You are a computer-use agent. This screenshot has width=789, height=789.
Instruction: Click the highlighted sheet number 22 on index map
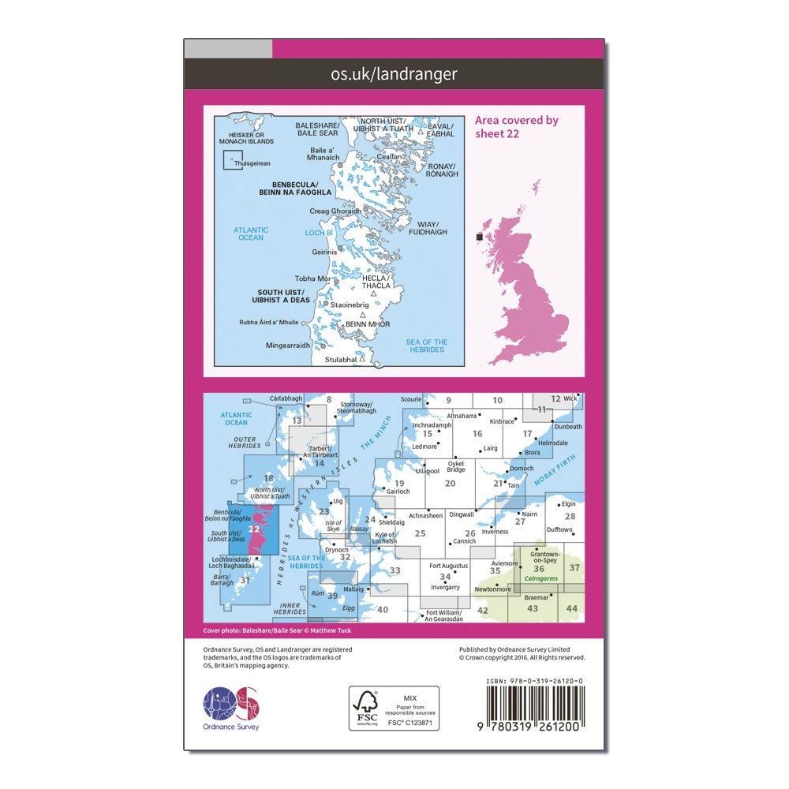[254, 529]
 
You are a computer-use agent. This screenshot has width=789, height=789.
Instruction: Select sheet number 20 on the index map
[451, 484]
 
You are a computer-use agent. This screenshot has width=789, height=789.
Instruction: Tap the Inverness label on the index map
[495, 531]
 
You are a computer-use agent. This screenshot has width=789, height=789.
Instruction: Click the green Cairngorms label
[540, 579]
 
